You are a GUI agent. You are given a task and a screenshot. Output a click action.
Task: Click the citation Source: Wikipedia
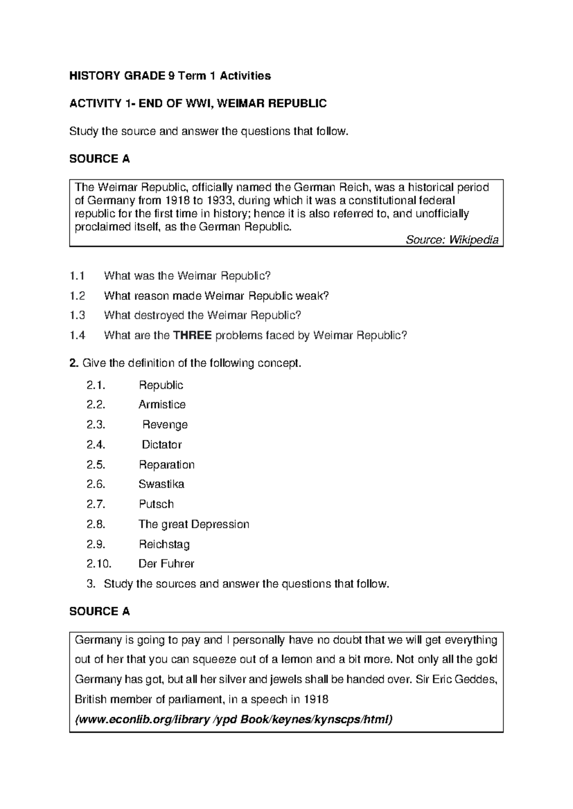click(452, 240)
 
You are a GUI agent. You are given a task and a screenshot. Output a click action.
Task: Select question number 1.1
click(77, 276)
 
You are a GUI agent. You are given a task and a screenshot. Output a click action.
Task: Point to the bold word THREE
click(192, 335)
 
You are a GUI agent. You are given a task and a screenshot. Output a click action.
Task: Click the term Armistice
click(162, 404)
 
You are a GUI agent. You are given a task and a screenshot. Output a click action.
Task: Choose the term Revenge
click(165, 425)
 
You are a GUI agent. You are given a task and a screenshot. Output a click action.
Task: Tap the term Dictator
click(162, 445)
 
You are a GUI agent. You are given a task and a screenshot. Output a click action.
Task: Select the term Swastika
click(161, 484)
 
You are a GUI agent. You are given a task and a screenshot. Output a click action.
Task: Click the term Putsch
click(156, 504)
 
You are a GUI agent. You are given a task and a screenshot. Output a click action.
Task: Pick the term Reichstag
click(164, 544)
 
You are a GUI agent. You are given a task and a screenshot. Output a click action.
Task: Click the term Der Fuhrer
click(166, 564)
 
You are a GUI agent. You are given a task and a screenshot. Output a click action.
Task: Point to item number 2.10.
click(98, 564)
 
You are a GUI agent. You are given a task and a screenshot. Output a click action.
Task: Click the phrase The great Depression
click(194, 524)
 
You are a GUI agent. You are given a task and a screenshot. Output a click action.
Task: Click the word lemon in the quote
click(296, 660)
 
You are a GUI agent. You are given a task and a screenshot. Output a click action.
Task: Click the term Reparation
click(167, 465)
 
